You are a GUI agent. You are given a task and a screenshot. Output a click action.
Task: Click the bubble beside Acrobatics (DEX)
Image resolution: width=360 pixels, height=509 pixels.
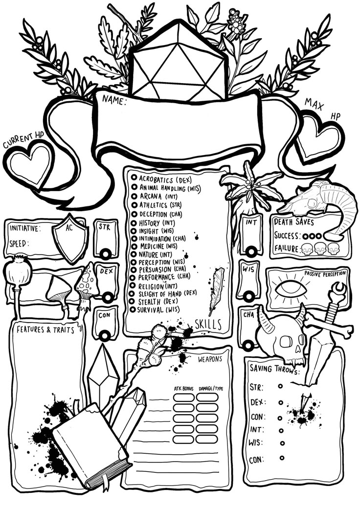pyautogui.click(x=134, y=177)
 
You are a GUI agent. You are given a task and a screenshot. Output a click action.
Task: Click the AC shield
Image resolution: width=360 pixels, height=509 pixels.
pyautogui.click(x=70, y=238)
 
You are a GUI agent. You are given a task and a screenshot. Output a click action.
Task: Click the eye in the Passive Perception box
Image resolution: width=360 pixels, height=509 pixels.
pyautogui.click(x=291, y=288)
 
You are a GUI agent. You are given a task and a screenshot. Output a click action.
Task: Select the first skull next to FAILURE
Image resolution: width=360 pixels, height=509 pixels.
pyautogui.click(x=306, y=249)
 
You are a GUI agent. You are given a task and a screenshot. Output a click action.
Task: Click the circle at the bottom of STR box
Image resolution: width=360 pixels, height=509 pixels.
pyautogui.click(x=105, y=254)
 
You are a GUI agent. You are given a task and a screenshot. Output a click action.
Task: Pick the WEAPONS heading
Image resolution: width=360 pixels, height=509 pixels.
pyautogui.click(x=210, y=359)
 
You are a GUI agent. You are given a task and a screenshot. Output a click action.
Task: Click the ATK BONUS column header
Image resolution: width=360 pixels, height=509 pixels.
pyautogui.click(x=184, y=389)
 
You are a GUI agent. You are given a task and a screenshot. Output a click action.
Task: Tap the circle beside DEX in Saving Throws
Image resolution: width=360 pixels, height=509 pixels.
pyautogui.click(x=280, y=402)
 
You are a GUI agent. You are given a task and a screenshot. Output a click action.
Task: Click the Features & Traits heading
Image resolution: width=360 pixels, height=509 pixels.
pyautogui.click(x=45, y=330)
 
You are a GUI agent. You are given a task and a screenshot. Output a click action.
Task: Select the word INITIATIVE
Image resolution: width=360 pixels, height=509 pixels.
pyautogui.click(x=24, y=228)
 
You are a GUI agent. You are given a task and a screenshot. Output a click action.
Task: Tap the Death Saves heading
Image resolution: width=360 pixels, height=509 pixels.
pyautogui.click(x=294, y=222)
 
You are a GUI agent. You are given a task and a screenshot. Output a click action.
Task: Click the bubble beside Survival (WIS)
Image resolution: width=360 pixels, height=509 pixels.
pyautogui.click(x=132, y=310)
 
